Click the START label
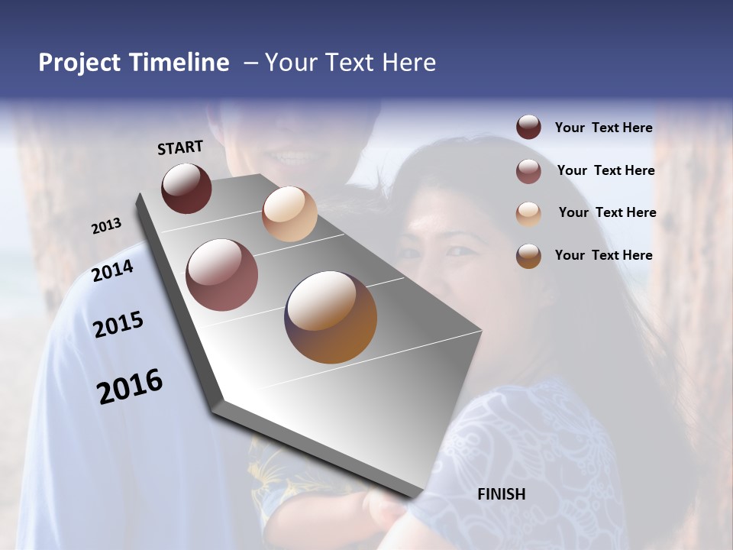[180, 147]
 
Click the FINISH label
[501, 494]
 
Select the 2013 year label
[106, 226]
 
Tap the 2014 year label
[113, 270]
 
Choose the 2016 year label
[130, 387]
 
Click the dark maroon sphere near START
[186, 188]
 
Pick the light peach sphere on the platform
[289, 214]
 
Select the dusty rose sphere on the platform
[221, 275]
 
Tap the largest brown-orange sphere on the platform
[331, 317]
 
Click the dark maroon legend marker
[528, 128]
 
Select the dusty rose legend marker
[528, 171]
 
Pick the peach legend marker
[528, 213]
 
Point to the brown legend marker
[528, 256]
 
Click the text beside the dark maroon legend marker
[603, 128]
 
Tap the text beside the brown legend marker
[603, 255]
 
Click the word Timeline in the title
[179, 63]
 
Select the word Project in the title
[79, 63]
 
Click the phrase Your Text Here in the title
[350, 63]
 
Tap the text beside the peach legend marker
[607, 212]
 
